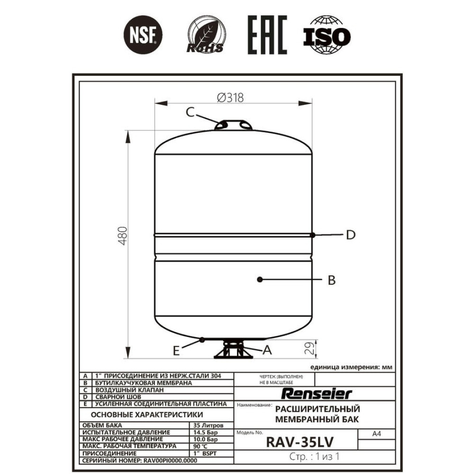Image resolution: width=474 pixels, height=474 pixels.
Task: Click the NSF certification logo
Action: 143,35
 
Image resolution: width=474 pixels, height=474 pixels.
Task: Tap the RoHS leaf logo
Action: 206,36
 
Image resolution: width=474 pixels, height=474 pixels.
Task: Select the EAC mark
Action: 267,35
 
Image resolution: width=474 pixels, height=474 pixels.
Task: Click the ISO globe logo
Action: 327,35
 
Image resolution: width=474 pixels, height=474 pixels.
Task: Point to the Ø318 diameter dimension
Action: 230,98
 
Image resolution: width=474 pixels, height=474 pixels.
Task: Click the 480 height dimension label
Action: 123,236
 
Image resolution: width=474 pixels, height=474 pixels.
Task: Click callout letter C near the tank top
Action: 190,112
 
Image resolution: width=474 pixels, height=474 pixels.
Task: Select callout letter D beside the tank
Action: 351,235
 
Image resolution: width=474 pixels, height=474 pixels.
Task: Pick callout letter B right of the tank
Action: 332,280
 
